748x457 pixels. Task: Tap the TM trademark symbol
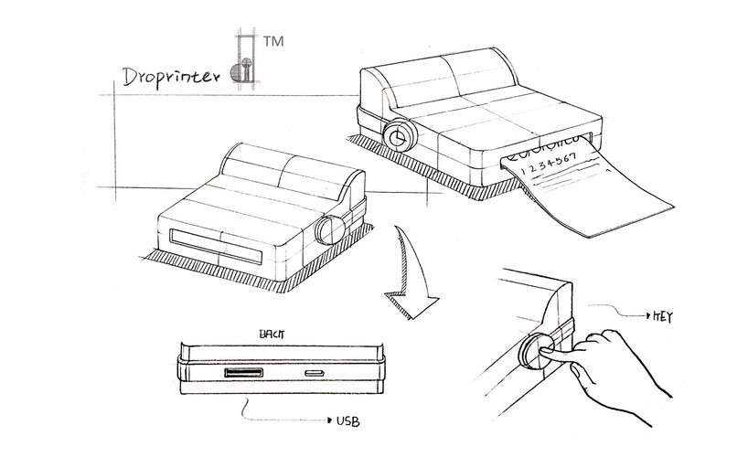[x=272, y=41]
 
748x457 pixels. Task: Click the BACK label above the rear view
[x=272, y=335]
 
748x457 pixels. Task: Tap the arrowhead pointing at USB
[x=327, y=422]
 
